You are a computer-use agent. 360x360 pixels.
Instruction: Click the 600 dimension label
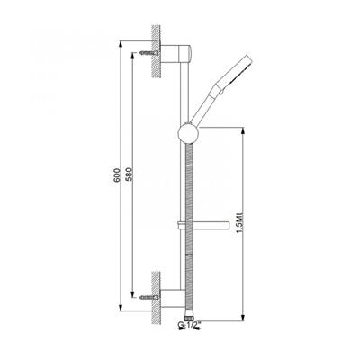pos(117,175)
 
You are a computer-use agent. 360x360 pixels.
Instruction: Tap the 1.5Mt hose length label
pos(239,222)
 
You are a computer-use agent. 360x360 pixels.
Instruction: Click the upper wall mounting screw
pos(149,53)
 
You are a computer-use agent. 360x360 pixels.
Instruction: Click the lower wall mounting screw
pos(149,297)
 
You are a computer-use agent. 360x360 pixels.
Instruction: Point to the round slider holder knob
pos(188,132)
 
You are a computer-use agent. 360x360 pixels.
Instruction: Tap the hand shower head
pos(236,72)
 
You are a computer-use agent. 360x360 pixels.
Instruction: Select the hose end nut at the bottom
pos(189,318)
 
